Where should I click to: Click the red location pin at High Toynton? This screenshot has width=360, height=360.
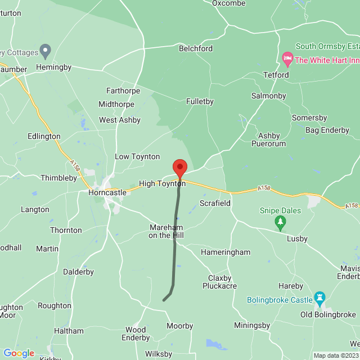[179, 168]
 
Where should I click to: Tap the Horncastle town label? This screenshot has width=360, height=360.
[107, 192]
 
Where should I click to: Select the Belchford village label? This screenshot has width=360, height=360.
[196, 49]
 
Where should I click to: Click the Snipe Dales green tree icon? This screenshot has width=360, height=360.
[280, 224]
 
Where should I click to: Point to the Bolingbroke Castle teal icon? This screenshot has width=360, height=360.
[319, 296]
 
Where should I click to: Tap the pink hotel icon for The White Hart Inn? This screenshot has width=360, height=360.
[287, 58]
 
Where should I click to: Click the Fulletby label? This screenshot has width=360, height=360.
[200, 102]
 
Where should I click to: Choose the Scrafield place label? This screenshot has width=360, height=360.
[215, 203]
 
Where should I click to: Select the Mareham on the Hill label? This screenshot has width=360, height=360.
[166, 231]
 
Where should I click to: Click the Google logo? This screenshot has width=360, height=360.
[19, 353]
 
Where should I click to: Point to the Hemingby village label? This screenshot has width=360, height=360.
[54, 67]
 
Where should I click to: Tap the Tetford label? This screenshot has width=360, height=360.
[276, 75]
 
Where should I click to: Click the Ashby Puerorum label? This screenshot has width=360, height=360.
[272, 139]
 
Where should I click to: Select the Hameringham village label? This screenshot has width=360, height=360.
[226, 253]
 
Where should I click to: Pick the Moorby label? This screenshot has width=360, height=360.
[180, 326]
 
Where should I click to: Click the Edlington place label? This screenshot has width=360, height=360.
[44, 137]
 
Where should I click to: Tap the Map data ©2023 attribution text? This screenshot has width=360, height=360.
[336, 355]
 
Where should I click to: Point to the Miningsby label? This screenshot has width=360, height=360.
[252, 326]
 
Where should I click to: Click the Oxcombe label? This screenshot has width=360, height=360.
[228, 3]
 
